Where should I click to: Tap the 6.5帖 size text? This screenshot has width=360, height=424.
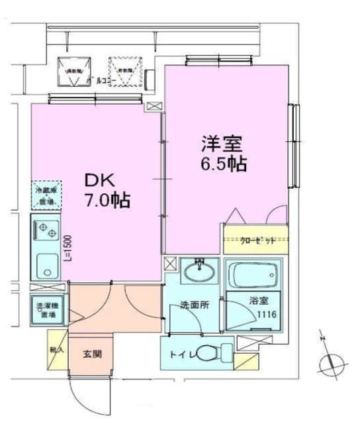point(224,164)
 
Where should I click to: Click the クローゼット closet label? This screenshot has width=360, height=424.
point(255,241)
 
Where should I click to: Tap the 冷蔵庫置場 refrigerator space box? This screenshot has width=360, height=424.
point(46,195)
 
